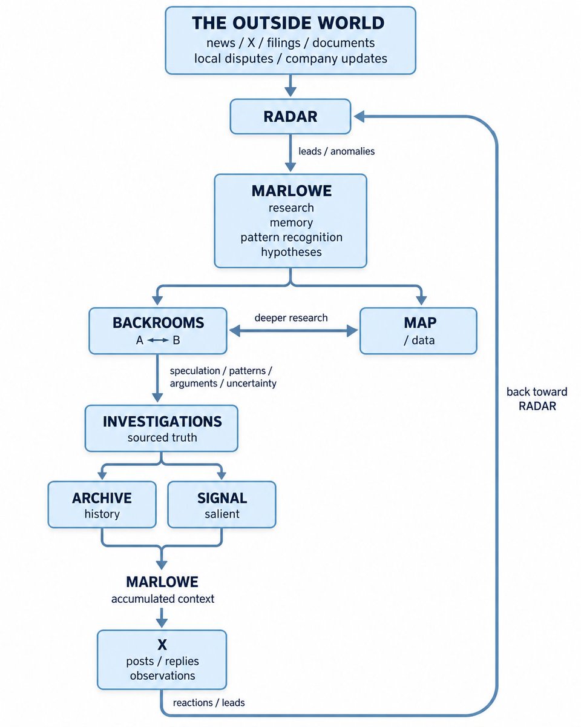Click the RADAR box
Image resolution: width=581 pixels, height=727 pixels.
point(290,116)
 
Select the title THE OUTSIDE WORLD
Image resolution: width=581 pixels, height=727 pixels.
point(288,23)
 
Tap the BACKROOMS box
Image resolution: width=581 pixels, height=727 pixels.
point(157,331)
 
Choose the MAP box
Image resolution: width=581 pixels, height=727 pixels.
point(418,331)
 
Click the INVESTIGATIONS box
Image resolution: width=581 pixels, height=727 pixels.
point(162,428)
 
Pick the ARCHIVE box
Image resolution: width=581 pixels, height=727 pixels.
point(102,505)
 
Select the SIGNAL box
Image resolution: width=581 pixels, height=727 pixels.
point(222,505)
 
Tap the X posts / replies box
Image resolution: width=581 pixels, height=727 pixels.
point(162,660)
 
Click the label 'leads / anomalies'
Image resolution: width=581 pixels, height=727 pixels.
point(336,151)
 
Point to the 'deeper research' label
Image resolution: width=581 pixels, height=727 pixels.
point(291,318)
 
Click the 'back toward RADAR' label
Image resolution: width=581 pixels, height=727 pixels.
point(537,399)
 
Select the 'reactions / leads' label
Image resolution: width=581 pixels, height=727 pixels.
point(209,703)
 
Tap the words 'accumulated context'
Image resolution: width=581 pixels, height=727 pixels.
point(163,599)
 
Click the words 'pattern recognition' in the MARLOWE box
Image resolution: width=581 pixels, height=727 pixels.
point(291,237)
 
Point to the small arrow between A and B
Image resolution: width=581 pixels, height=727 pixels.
point(158,340)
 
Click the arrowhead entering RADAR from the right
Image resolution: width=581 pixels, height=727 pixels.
point(358,116)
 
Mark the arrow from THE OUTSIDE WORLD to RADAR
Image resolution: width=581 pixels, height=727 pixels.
point(290,85)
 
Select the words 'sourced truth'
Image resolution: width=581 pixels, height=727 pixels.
point(162,437)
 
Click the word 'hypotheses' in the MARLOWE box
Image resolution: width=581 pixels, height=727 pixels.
point(291,252)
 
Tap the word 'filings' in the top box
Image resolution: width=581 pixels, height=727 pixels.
point(284,43)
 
